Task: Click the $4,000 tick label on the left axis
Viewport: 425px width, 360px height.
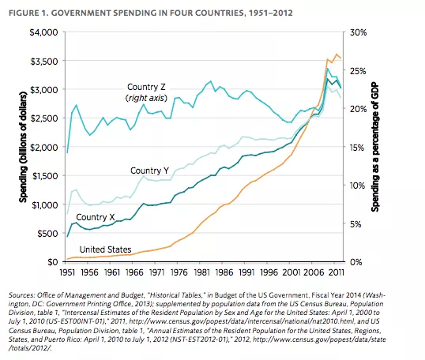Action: (x=43, y=32)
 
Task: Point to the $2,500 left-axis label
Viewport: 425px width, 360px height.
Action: (x=43, y=118)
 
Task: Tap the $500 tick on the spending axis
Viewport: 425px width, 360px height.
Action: (x=47, y=234)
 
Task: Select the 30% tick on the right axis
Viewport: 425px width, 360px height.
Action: (x=358, y=32)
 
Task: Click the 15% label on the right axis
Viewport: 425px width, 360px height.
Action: (x=357, y=148)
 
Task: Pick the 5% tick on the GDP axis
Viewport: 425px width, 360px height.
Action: (x=355, y=224)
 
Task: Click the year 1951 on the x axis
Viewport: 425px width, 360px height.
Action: (x=67, y=272)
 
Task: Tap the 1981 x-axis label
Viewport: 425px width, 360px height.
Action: (x=201, y=272)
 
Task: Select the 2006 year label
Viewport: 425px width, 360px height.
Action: (x=314, y=272)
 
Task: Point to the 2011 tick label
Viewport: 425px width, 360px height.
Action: (x=337, y=272)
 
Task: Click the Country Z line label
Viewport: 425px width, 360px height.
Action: (x=146, y=87)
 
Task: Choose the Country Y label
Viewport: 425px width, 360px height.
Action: (x=149, y=171)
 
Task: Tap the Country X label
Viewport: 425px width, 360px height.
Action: (x=96, y=217)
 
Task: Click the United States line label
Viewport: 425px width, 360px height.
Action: (x=105, y=249)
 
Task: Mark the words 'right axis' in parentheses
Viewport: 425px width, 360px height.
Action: (x=146, y=98)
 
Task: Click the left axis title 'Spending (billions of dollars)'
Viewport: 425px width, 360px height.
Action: (x=24, y=148)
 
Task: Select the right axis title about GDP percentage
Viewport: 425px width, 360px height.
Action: (x=375, y=147)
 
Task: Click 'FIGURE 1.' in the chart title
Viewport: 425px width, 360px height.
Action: (x=28, y=13)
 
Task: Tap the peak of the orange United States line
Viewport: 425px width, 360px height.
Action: (x=337, y=54)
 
